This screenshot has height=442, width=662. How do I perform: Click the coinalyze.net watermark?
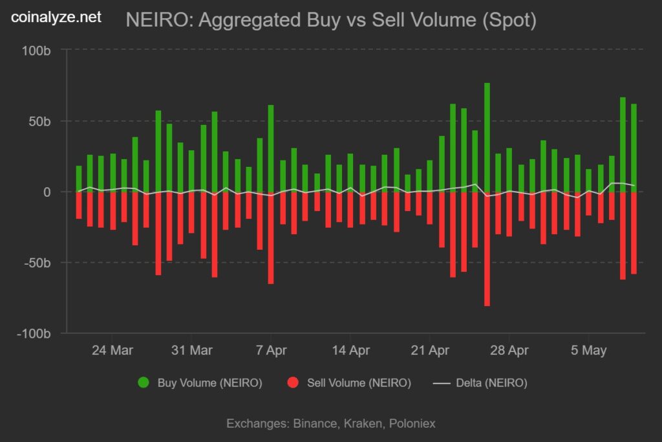coord(56,17)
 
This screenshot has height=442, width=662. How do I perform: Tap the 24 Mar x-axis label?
coord(112,351)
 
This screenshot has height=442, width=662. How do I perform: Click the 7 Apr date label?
coord(271,351)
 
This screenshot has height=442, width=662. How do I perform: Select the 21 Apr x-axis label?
coord(430,351)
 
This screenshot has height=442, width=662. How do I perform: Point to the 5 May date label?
coord(588,351)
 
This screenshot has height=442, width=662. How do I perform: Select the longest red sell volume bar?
coord(487,249)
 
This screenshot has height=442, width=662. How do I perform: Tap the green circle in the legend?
coord(144,382)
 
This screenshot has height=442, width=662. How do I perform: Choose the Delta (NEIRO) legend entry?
coord(480,382)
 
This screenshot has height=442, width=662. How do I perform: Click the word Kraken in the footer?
coord(363,424)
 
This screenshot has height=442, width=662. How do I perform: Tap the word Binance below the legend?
coord(315,424)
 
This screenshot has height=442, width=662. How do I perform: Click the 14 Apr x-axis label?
coord(350,351)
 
